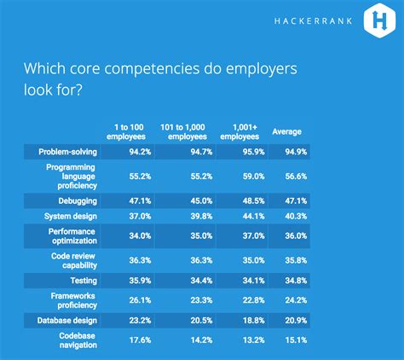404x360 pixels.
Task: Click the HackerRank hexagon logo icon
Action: click(379, 20)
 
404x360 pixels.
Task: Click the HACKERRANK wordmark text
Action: click(314, 21)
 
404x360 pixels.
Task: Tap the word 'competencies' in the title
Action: click(152, 68)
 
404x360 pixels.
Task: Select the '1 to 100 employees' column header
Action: click(126, 132)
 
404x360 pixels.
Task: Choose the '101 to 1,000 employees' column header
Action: click(183, 132)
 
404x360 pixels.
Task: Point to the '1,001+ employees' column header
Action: click(240, 132)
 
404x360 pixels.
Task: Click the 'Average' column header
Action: click(287, 131)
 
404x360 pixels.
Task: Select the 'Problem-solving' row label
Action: click(67, 152)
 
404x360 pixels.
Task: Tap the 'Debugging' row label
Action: click(78, 201)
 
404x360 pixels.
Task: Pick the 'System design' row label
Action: click(71, 217)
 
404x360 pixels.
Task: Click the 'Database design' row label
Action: click(67, 321)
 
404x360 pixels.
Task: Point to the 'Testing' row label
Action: click(84, 281)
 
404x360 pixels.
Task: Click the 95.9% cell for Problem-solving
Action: click(254, 152)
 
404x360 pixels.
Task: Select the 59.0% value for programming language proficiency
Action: click(254, 177)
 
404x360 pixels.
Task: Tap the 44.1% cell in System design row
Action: click(254, 217)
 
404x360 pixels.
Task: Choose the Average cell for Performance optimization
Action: click(296, 236)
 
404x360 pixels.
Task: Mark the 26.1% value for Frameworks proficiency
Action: click(140, 300)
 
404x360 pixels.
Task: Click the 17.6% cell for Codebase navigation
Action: click(140, 340)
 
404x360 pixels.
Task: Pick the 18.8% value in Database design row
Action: click(254, 321)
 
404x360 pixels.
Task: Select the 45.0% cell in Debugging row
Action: click(201, 201)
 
